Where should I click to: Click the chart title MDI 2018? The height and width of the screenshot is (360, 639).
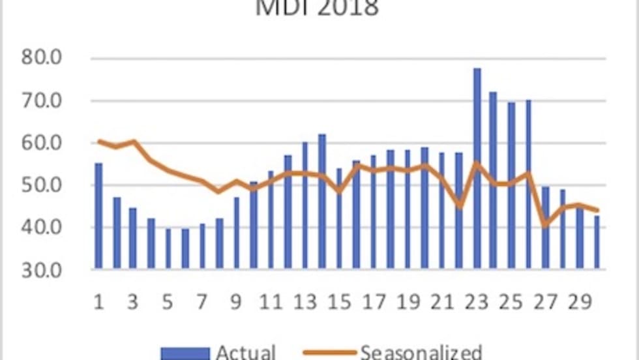click(318, 8)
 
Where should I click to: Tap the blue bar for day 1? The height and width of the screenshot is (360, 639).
click(98, 215)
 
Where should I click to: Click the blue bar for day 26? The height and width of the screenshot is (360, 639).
click(528, 183)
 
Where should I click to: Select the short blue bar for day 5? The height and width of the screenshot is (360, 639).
click(168, 248)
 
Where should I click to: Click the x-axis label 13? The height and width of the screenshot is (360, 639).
click(305, 303)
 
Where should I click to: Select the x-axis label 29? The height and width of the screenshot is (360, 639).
click(580, 303)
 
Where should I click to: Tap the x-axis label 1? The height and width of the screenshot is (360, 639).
click(98, 303)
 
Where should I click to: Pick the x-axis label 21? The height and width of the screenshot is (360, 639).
click(442, 303)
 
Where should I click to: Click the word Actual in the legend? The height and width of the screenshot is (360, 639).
click(246, 352)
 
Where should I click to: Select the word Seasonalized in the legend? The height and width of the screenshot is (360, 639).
click(421, 352)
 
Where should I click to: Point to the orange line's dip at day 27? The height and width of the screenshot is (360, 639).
click(546, 225)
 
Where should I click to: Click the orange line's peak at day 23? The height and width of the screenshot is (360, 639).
click(477, 163)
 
